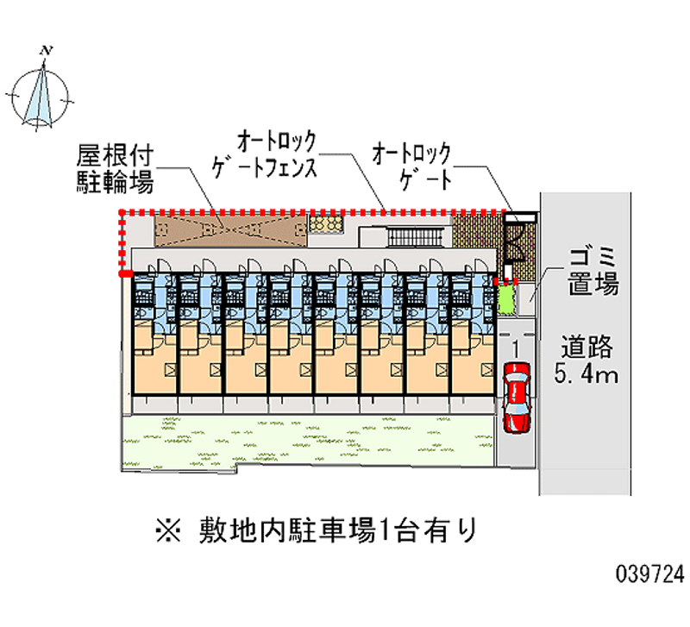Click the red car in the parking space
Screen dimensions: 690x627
(x=517, y=398)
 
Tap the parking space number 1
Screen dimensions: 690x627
(x=516, y=348)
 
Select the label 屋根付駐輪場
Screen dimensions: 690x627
(x=116, y=169)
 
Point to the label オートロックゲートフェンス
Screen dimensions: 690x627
(x=265, y=154)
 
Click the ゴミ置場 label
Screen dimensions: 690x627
(x=593, y=271)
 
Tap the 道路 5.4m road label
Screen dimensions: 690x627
(x=586, y=359)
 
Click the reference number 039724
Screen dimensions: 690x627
(x=650, y=574)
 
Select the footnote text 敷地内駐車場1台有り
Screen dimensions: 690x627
(x=338, y=530)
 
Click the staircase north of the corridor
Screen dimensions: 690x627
(x=416, y=237)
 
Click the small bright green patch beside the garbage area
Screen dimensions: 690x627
(x=506, y=299)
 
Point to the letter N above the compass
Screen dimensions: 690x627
(x=47, y=50)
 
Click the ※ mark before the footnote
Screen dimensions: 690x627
(x=168, y=530)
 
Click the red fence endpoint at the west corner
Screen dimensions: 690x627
(x=126, y=274)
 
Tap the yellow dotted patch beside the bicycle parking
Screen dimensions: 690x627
(x=326, y=223)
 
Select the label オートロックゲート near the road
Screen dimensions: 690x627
(x=412, y=166)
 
